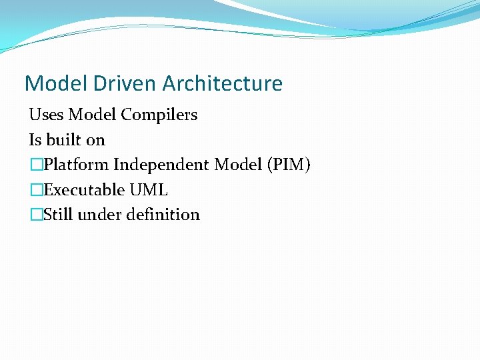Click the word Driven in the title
point(119,84)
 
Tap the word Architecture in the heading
point(222,84)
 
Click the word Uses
point(46,115)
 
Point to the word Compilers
point(159,115)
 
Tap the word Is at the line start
point(35,140)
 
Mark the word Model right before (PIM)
point(233,165)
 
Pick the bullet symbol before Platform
point(35,165)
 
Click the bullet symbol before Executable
point(35,191)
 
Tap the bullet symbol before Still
point(35,215)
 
